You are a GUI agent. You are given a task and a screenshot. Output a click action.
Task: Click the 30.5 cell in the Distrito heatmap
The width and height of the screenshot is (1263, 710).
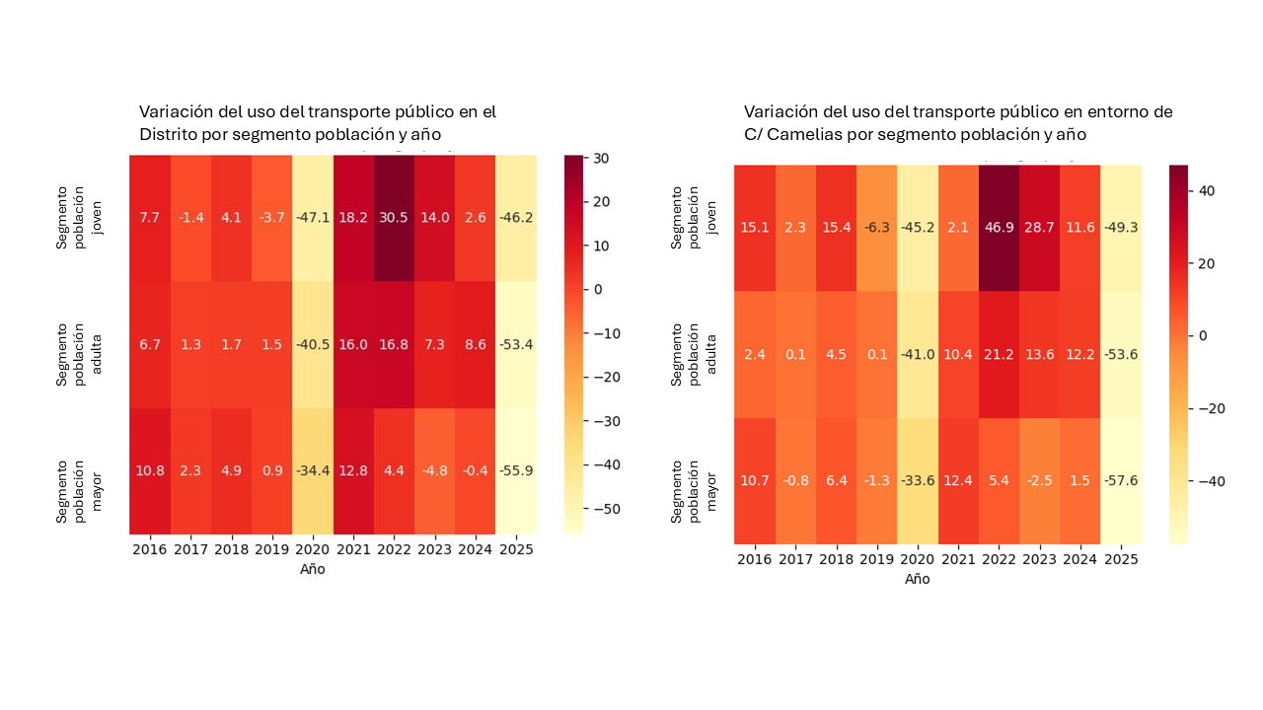point(394,218)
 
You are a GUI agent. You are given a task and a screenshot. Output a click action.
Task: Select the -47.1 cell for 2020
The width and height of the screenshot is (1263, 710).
point(312,218)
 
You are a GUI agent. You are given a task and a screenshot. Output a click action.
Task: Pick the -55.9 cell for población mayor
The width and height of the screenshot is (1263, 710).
point(516,470)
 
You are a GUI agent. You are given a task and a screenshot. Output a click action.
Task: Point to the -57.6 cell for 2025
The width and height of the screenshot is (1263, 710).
point(1121,480)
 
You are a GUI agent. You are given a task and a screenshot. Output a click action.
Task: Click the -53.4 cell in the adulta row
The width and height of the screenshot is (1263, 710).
point(516,344)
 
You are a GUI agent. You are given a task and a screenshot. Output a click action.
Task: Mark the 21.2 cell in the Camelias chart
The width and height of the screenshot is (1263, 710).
point(1000,355)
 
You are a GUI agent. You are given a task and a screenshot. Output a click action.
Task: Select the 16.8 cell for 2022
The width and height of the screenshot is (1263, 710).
point(394,344)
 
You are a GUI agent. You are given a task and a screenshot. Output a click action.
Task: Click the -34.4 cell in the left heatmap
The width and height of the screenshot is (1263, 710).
point(312,470)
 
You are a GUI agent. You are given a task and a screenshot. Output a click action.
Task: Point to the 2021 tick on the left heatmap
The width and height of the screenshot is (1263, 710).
point(353,549)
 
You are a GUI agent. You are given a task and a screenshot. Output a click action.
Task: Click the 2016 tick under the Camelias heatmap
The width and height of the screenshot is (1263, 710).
point(755,559)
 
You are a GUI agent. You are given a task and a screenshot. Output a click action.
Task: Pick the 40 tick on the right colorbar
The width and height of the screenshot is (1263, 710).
point(1205,190)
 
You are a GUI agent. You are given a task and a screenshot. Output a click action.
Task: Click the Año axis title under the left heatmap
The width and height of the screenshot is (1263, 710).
point(313,569)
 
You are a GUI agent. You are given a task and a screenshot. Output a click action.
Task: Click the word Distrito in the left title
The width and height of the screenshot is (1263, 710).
point(167,133)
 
